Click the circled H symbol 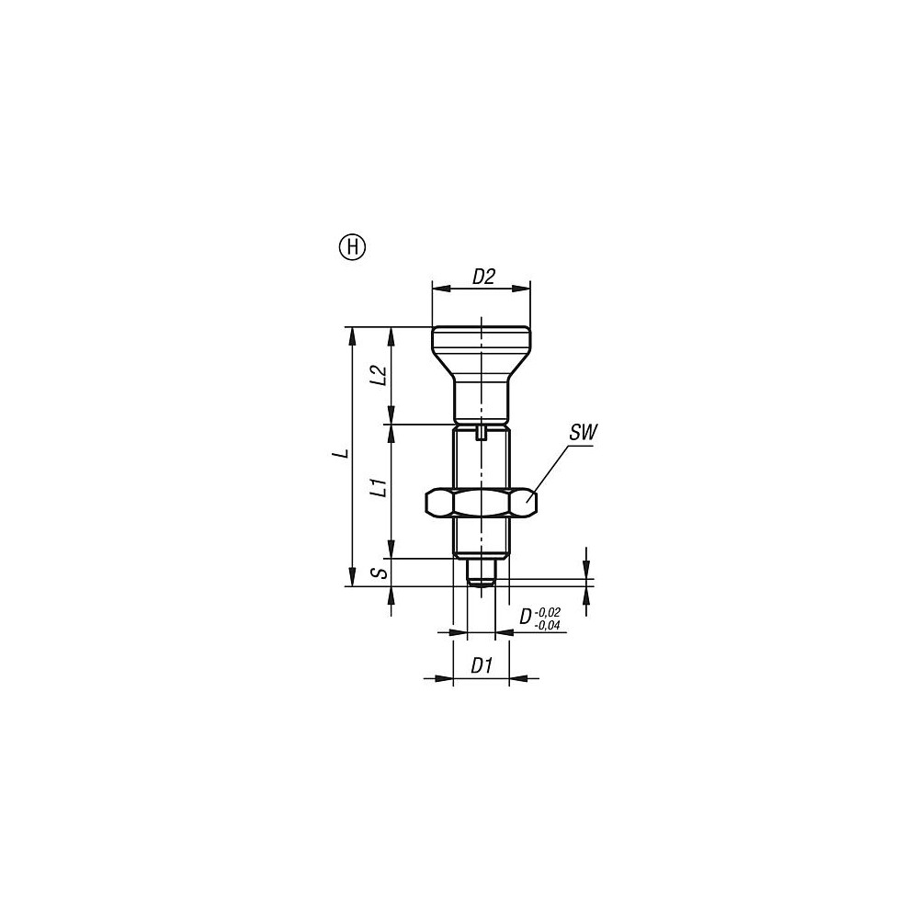(352, 248)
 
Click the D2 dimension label (484, 277)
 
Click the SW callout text (583, 433)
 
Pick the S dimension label (381, 572)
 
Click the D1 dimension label (482, 665)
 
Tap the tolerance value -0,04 (548, 625)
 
